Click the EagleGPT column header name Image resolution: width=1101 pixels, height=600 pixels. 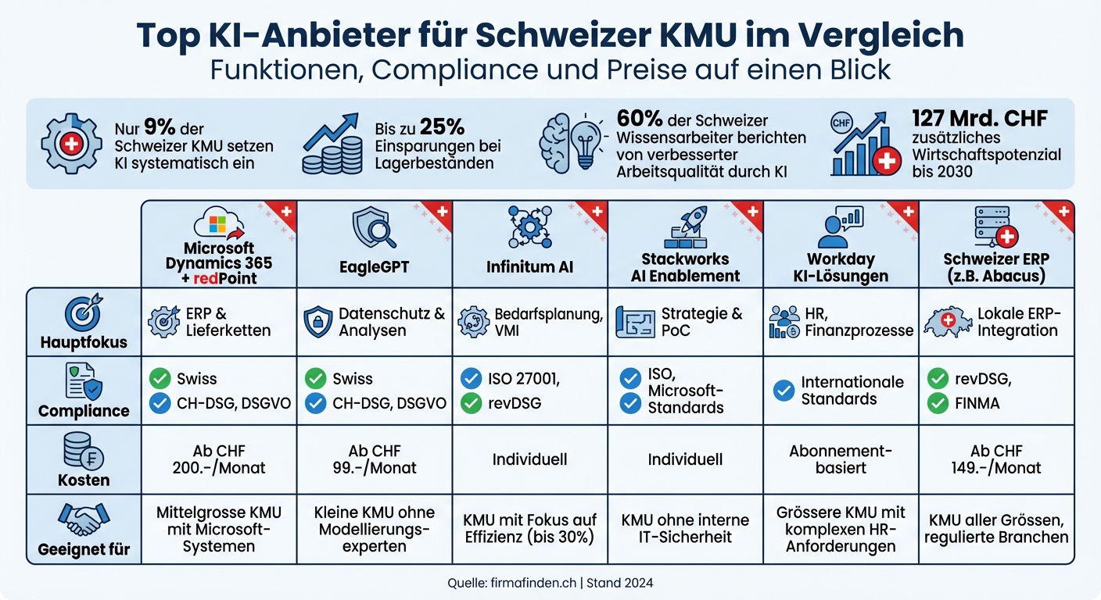374,266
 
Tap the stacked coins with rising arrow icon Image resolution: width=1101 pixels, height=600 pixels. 332,145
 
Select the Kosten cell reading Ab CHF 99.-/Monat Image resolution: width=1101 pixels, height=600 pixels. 374,459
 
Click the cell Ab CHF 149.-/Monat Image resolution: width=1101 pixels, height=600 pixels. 996,459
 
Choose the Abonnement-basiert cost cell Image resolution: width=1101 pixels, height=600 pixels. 841,459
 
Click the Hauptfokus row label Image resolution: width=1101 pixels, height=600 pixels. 84,342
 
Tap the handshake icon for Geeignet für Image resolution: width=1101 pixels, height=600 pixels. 84,520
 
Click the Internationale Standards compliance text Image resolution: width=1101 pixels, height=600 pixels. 852,391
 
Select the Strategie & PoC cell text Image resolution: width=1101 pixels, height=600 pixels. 701,322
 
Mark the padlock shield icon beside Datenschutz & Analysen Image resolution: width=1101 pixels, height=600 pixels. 317,322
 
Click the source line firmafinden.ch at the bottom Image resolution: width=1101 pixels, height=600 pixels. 550,582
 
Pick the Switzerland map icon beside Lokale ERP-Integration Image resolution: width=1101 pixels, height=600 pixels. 945,322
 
